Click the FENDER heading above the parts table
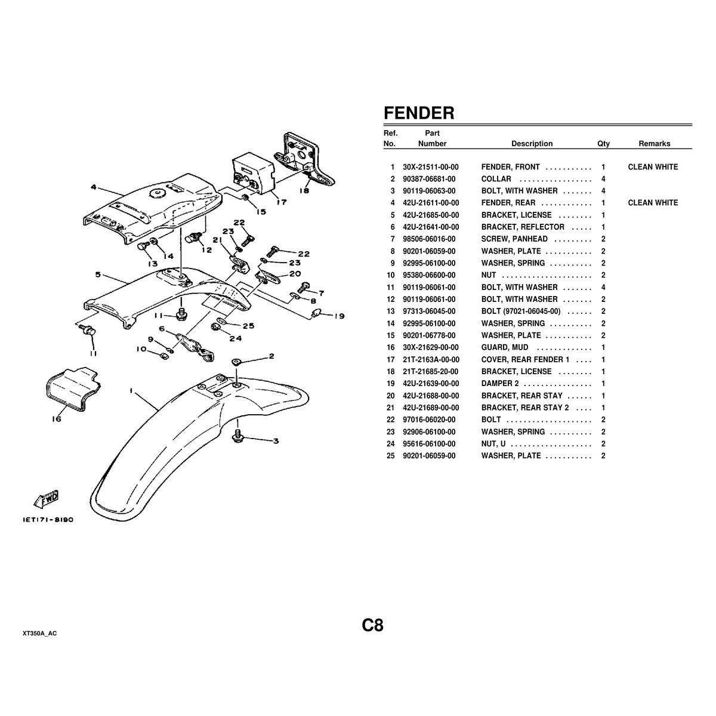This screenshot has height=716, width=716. coord(419,113)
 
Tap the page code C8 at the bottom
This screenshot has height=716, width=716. coord(372,625)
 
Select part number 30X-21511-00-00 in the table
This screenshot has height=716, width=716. coord(431,167)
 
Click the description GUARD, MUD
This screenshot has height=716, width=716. coord(505,347)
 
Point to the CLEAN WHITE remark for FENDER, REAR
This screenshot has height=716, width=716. coord(653,203)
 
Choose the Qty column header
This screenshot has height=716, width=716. coord(603,144)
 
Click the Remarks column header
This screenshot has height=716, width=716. coord(654,144)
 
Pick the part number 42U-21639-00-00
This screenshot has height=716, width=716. coord(431,384)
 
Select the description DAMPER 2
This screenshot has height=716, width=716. coord(500,384)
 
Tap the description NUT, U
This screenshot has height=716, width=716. coord(494,444)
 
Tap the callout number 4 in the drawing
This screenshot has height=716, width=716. coord(94,187)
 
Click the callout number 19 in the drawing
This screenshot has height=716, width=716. coord(340,316)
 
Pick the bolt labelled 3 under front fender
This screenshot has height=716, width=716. coord(239,437)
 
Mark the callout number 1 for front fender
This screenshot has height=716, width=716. coord(131,391)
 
